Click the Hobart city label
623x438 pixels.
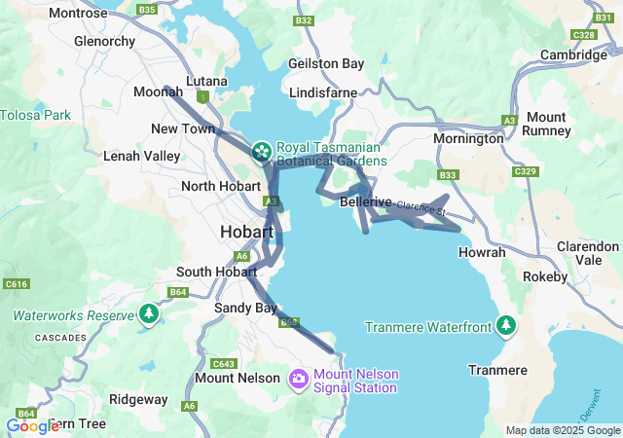(248, 233)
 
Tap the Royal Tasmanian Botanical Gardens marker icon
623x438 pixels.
(261, 151)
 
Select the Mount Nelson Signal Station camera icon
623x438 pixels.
(299, 378)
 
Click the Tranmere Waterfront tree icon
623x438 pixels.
(505, 325)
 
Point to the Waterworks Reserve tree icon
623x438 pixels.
(148, 314)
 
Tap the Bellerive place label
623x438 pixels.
(366, 202)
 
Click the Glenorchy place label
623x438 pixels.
(105, 41)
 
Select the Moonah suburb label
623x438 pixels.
(157, 91)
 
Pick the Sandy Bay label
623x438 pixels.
(238, 308)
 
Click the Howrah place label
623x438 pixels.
(481, 252)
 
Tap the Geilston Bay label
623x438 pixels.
(326, 63)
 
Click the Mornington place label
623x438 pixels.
(468, 138)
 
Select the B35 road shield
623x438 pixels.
(147, 9)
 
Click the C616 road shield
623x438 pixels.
(16, 284)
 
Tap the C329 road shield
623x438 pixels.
(525, 171)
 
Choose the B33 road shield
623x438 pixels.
(448, 175)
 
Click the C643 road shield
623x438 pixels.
(223, 363)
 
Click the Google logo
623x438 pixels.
(32, 425)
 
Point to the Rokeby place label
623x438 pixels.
(545, 276)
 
